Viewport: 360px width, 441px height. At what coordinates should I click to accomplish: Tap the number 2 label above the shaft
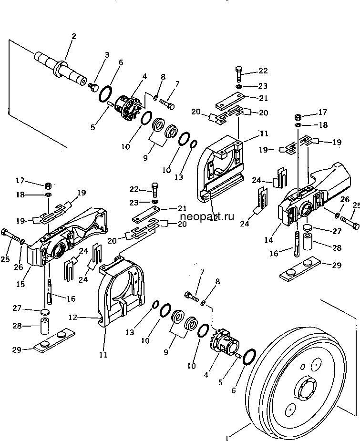tap(74, 36)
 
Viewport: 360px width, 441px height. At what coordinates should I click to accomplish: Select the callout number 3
tap(107, 55)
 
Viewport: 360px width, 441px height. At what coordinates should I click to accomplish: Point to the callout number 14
tap(268, 240)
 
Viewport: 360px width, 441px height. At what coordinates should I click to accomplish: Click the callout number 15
tap(21, 284)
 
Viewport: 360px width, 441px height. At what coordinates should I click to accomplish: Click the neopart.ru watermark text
tap(207, 216)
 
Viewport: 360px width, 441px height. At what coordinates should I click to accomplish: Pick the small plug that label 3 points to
tap(93, 87)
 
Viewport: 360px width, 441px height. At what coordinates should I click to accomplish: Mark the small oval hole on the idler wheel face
tap(303, 367)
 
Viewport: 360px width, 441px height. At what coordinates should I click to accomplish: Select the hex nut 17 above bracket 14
tap(298, 116)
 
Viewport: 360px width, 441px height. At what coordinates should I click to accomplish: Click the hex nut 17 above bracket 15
tap(48, 185)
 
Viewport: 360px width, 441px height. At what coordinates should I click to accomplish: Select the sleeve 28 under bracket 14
tap(308, 241)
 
